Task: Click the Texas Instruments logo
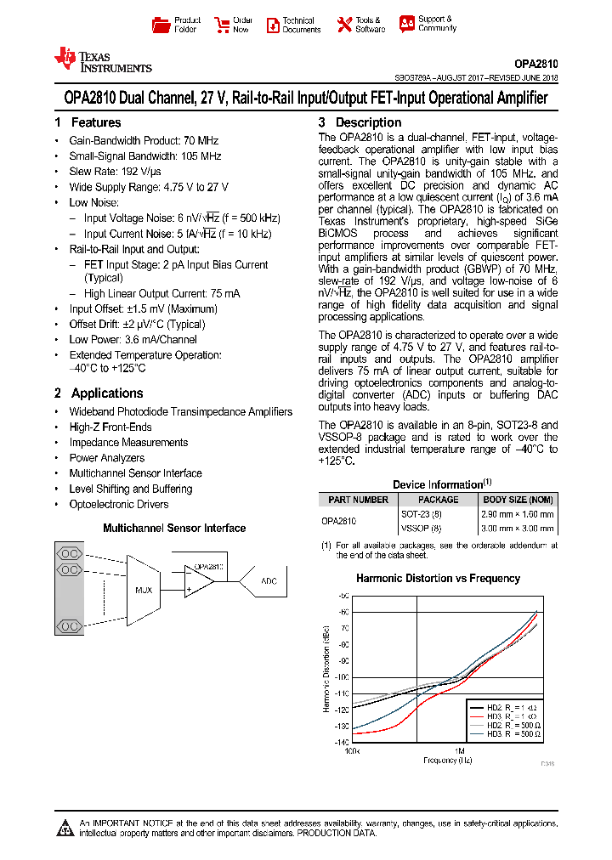[102, 59]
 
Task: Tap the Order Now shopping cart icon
[222, 25]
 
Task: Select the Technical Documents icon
[273, 25]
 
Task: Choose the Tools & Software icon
[344, 25]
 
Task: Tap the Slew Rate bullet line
[116, 172]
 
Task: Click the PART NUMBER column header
[358, 500]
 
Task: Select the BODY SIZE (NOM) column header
[518, 500]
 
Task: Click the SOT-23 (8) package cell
[421, 514]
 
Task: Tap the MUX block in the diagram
[144, 588]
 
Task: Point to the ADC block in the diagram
[269, 581]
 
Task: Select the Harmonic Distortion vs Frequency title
[438, 579]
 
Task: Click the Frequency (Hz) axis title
[447, 760]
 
